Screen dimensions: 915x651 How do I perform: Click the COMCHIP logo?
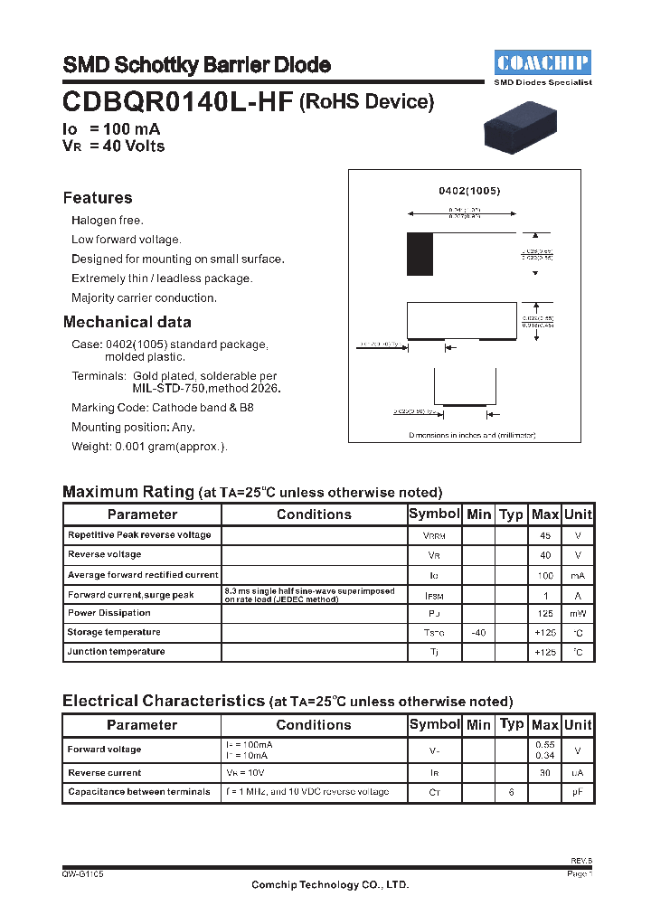pos(543,62)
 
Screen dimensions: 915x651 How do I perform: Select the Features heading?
pos(98,198)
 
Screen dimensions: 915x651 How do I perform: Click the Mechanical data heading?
pos(127,322)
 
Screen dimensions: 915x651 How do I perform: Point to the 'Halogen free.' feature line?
pos(108,221)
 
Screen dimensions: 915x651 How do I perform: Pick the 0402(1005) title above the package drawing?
pos(469,191)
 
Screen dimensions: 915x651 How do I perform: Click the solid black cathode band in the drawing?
pos(420,254)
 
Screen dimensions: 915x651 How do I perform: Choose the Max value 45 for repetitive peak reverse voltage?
pos(544,535)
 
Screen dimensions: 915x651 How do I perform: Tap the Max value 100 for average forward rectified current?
pos(544,575)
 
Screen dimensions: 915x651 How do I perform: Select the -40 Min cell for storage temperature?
pos(478,633)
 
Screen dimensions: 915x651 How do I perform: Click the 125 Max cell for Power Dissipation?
pos(544,614)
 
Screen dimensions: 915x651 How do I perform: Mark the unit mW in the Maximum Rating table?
pos(578,614)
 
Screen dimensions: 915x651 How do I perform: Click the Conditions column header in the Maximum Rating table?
pos(314,514)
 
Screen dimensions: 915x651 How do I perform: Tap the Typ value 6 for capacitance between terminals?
pos(511,792)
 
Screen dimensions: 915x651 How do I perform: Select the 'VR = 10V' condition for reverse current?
pos(246,773)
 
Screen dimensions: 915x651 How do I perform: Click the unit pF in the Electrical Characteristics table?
pos(578,792)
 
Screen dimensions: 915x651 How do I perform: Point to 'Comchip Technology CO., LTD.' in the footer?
pos(329,885)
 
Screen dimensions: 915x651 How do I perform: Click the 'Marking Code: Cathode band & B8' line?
pos(163,408)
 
